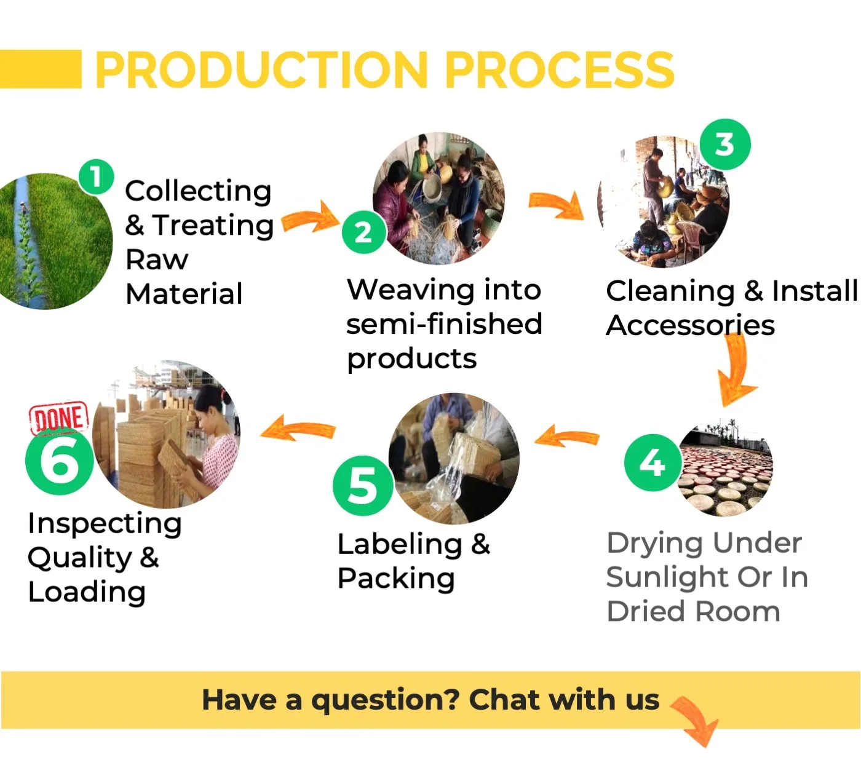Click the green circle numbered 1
(96, 177)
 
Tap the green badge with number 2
(363, 232)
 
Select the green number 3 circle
(725, 144)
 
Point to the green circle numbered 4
(653, 462)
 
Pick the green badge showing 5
(363, 486)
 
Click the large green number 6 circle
(59, 462)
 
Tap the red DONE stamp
(59, 418)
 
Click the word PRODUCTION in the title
(261, 69)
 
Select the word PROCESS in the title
(559, 69)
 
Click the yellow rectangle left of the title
(41, 69)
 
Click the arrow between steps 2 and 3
(557, 205)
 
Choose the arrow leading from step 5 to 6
(298, 427)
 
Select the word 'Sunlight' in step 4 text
(667, 577)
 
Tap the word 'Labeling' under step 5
(400, 544)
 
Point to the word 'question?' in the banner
(385, 700)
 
